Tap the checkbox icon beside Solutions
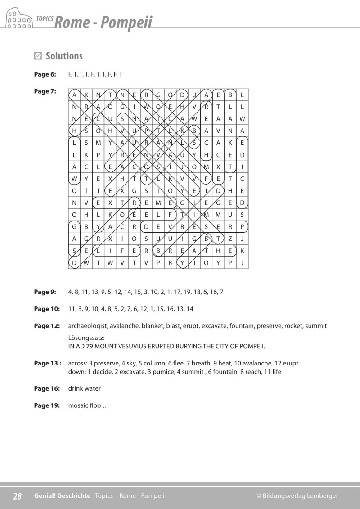coord(38,56)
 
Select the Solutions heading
coord(64,56)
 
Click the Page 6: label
coord(45,74)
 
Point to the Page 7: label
coord(45,91)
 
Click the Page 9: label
coord(45,292)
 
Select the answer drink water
coord(85,389)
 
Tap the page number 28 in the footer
coord(17,496)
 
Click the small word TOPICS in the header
coord(44,19)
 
